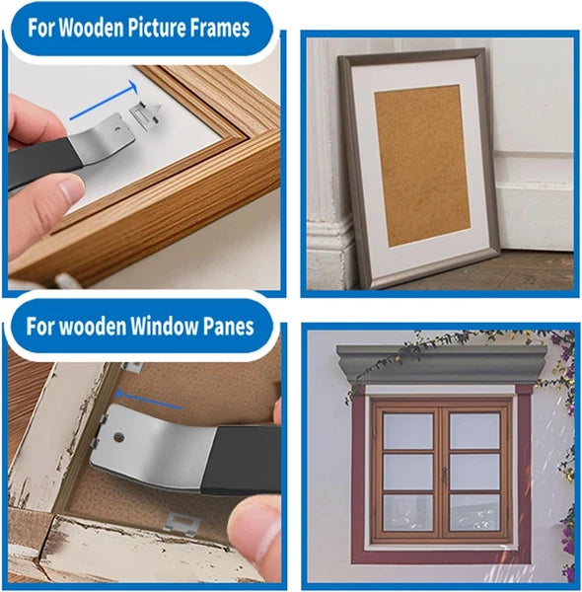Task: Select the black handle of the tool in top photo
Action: pyautogui.click(x=39, y=162)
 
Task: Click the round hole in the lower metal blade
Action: pyautogui.click(x=121, y=434)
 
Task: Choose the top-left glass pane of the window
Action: pyautogui.click(x=408, y=431)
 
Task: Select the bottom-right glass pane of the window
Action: pyautogui.click(x=475, y=512)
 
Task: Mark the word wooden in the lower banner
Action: pyautogui.click(x=92, y=326)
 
